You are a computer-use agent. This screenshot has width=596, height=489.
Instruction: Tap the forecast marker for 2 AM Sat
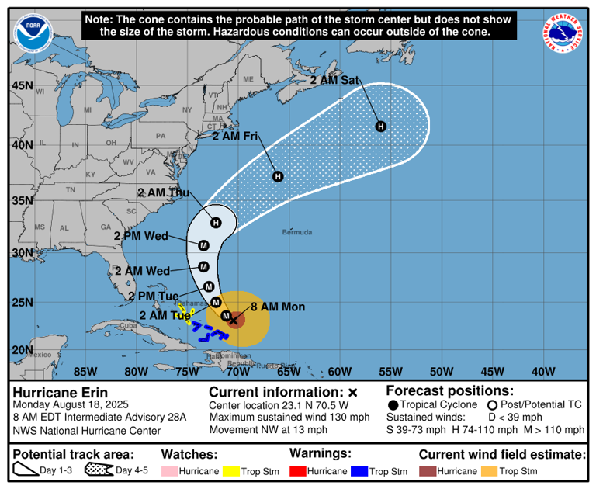pyautogui.click(x=381, y=126)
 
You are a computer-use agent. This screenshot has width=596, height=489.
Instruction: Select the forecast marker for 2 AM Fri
pyautogui.click(x=278, y=176)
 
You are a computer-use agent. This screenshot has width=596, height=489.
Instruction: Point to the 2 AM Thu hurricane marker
pyautogui.click(x=216, y=223)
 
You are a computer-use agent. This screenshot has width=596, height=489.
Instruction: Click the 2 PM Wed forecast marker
pyautogui.click(x=203, y=245)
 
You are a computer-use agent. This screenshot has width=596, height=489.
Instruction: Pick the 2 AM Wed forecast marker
pyautogui.click(x=204, y=267)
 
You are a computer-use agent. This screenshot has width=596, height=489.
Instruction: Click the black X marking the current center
pyautogui.click(x=233, y=320)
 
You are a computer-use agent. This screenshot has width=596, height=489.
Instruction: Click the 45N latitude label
pyautogui.click(x=22, y=85)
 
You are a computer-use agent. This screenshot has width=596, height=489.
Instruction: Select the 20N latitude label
pyautogui.click(x=22, y=350)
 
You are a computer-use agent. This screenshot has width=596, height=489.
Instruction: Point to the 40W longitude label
pyautogui.click(x=543, y=370)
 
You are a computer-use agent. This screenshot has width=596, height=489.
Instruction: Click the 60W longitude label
pyautogui.click(x=339, y=370)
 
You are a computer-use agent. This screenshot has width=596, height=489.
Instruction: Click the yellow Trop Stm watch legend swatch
pyautogui.click(x=230, y=470)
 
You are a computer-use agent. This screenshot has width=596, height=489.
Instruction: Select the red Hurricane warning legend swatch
pyautogui.click(x=297, y=470)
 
